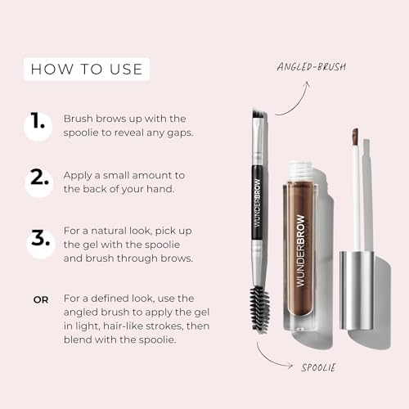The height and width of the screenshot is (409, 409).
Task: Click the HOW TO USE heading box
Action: [x=86, y=69]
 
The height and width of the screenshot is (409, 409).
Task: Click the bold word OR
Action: [x=40, y=299]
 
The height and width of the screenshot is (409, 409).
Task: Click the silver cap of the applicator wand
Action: [x=357, y=288]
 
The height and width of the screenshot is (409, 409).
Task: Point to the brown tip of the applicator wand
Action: [x=355, y=137]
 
